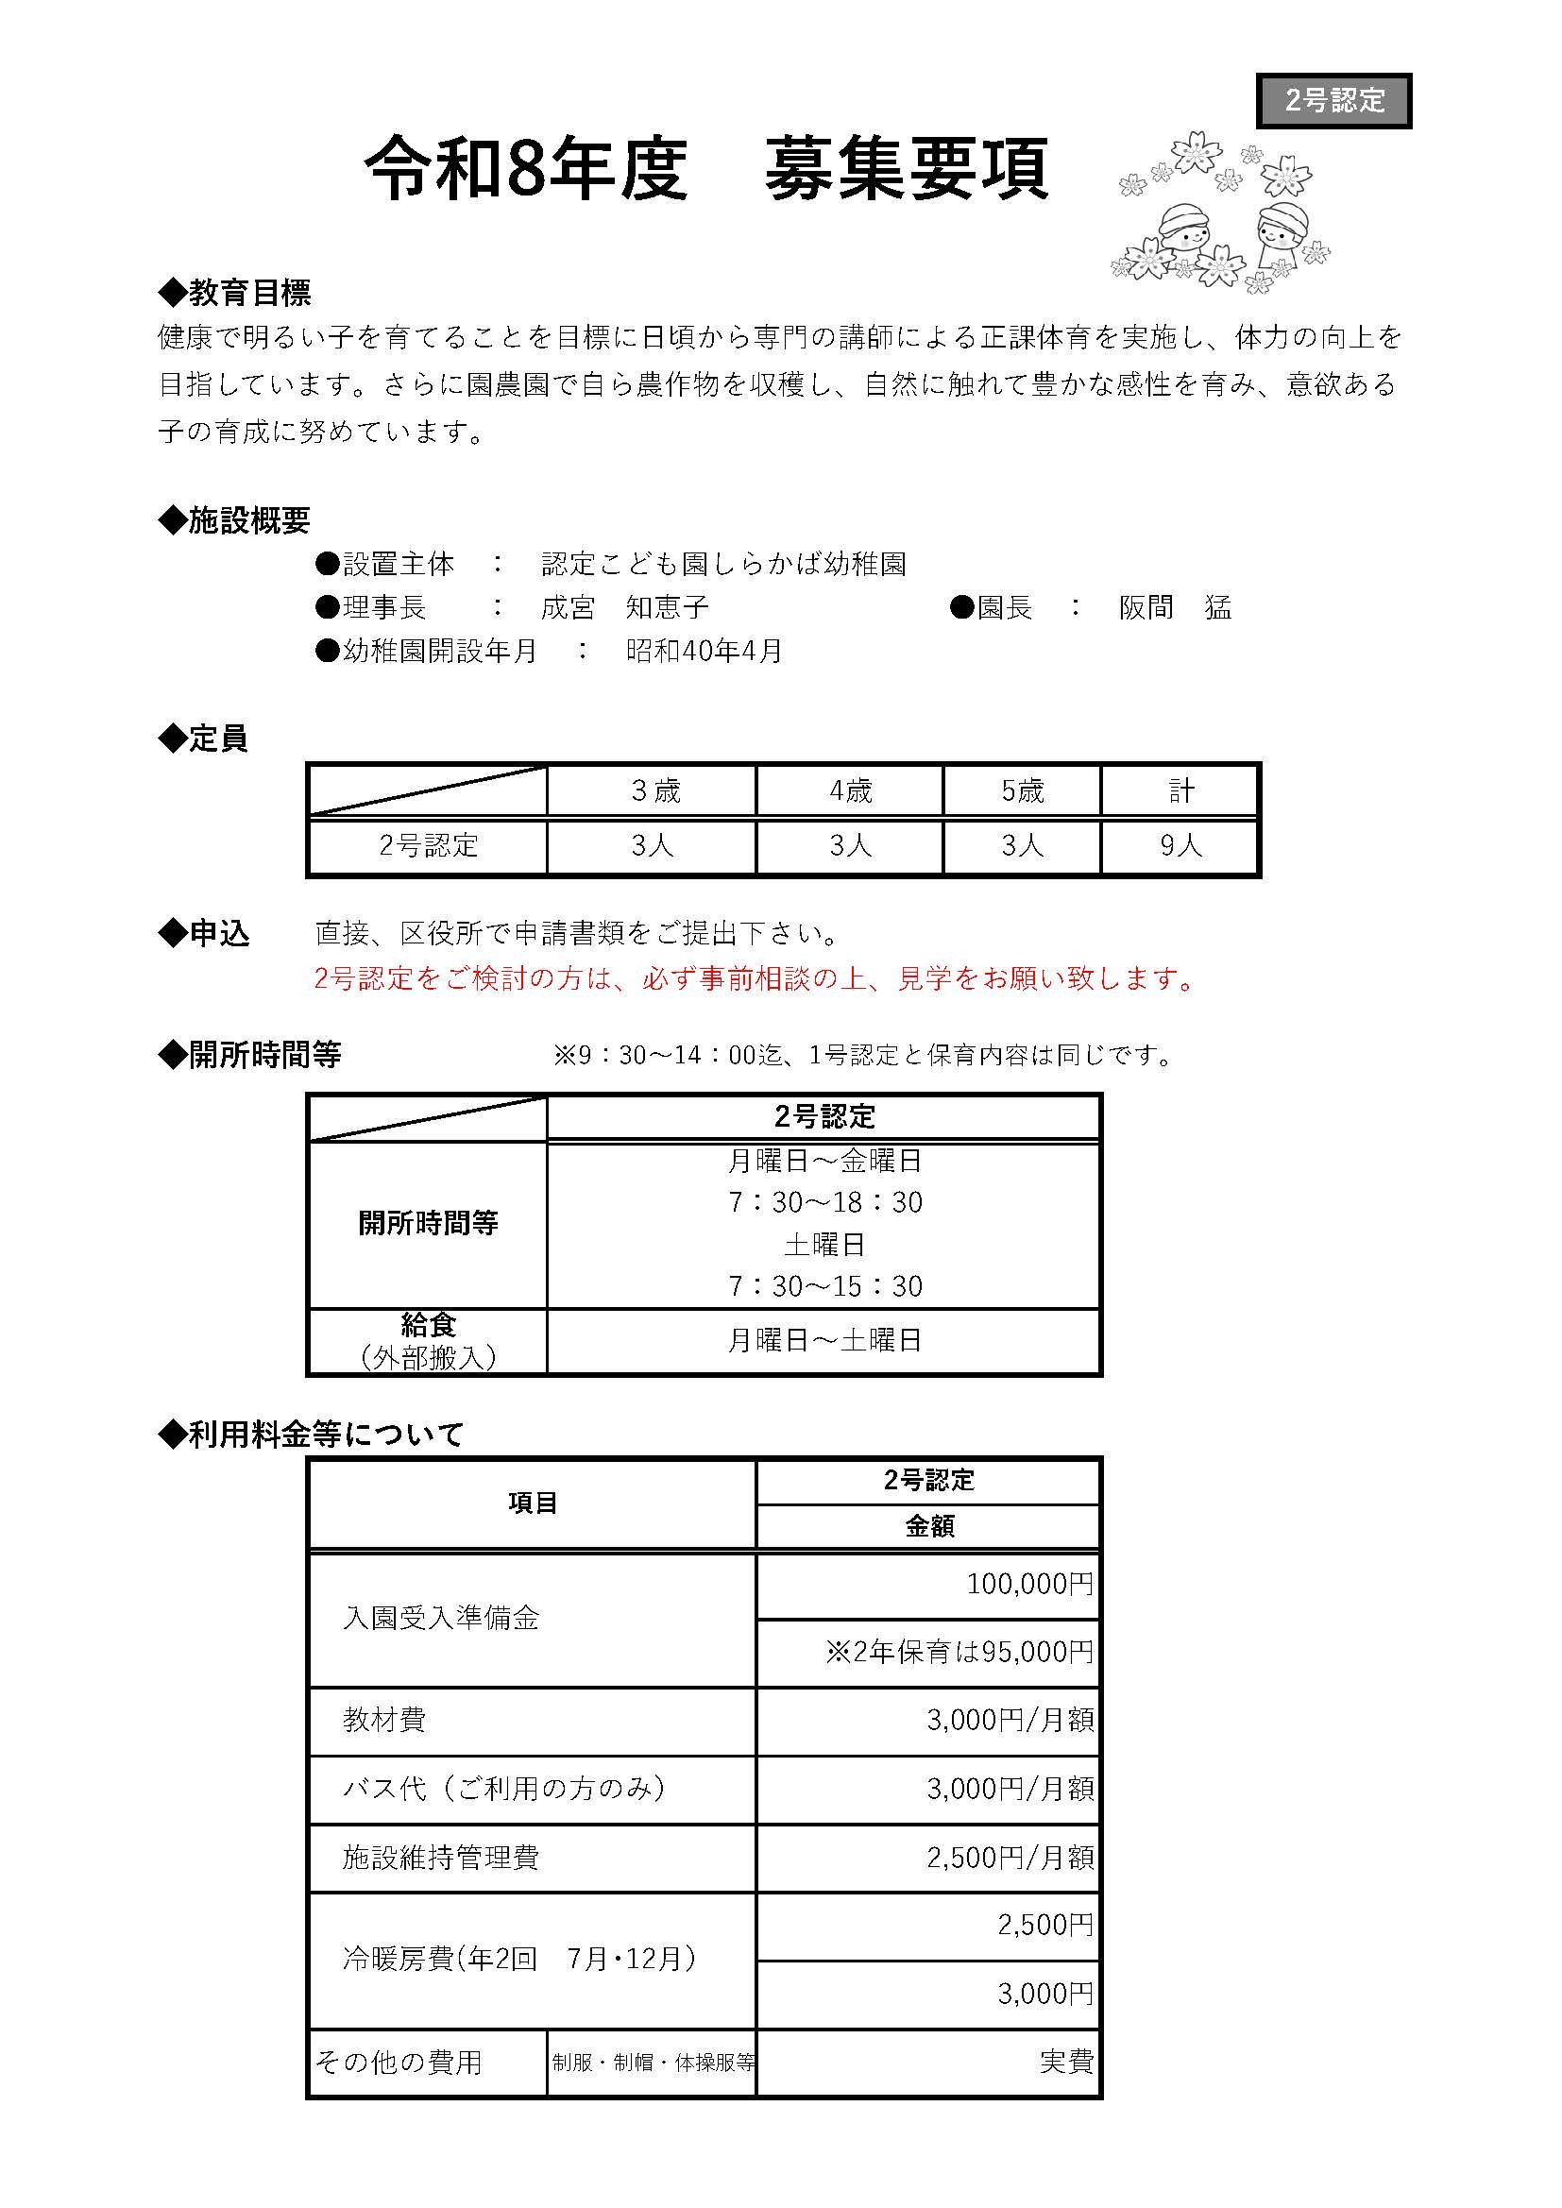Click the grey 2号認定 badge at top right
click(x=1333, y=100)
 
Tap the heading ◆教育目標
click(x=235, y=293)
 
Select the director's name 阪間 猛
click(x=1175, y=608)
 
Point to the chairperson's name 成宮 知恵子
click(x=624, y=608)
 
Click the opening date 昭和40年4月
click(x=705, y=651)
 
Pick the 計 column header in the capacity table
click(x=1180, y=791)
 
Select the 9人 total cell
click(x=1180, y=846)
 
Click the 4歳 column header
click(x=850, y=791)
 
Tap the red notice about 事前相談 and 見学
click(x=756, y=979)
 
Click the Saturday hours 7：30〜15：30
click(x=824, y=1286)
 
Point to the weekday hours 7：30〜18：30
click(x=824, y=1203)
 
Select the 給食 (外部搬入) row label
click(x=428, y=1342)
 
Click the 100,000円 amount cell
click(x=1029, y=1584)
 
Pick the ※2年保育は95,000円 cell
click(x=959, y=1652)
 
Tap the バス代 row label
click(x=505, y=1789)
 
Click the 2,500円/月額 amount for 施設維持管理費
click(x=1010, y=1858)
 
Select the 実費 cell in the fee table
click(x=1065, y=2062)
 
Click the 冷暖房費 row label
click(x=519, y=1960)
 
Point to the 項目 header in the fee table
click(x=532, y=1503)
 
